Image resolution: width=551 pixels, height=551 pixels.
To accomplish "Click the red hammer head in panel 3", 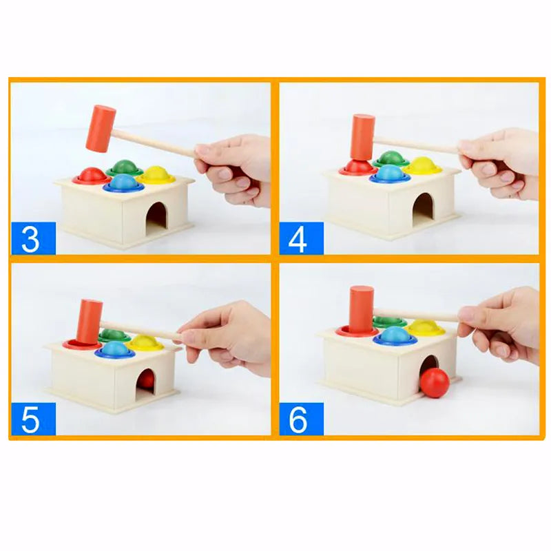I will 101,128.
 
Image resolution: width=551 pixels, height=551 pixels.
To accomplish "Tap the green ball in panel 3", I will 125,167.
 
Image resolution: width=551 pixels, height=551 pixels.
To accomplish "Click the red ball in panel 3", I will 91,176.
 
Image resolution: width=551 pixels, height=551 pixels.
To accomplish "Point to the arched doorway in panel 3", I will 157,216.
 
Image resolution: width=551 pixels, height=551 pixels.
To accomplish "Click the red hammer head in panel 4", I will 362,138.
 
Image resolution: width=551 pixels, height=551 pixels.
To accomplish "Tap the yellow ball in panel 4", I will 422,165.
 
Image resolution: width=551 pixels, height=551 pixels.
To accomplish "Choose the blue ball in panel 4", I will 390,174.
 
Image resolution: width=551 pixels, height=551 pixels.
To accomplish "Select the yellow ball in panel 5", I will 145,342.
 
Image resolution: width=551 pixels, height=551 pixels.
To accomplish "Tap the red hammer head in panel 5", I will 89,321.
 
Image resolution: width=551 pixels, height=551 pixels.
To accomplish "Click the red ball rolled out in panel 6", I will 435,383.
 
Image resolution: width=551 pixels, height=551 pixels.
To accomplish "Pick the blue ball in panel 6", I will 393,335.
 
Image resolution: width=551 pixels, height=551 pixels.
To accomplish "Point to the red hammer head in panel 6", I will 361,308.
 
